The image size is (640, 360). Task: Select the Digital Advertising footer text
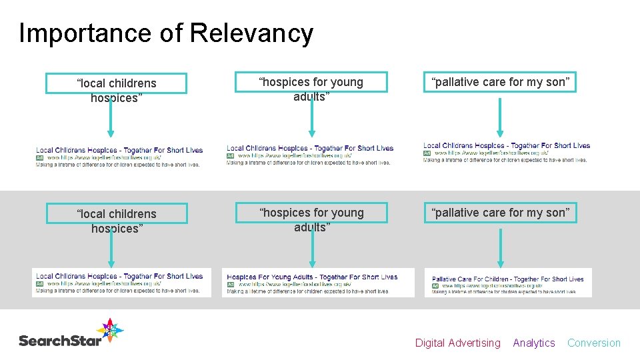click(x=457, y=343)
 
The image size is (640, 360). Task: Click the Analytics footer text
click(x=533, y=343)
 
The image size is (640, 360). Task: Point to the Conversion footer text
click(x=593, y=343)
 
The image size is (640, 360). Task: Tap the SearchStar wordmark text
click(x=60, y=341)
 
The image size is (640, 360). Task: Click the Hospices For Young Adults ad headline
click(x=312, y=277)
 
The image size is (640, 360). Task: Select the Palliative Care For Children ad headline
click(x=507, y=279)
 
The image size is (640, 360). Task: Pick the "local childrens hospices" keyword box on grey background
click(x=117, y=214)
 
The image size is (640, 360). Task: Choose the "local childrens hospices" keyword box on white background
click(x=117, y=83)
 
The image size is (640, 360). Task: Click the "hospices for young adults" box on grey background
click(x=312, y=213)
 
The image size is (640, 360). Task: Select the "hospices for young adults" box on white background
click(x=312, y=82)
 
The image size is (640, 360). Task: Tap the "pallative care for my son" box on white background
click(x=501, y=82)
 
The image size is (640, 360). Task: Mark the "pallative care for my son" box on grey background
click(x=501, y=213)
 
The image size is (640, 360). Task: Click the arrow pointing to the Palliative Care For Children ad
click(x=501, y=247)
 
